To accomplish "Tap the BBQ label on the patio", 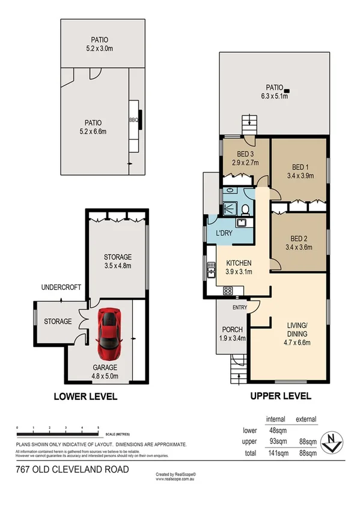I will [x=133, y=120].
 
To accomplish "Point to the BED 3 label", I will [x=243, y=153].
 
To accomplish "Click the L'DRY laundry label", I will [x=224, y=233].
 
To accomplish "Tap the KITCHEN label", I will [x=239, y=263].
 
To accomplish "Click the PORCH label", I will [x=232, y=329].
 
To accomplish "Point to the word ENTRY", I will [x=240, y=308].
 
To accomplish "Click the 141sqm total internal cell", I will [x=275, y=452].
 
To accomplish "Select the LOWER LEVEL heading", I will [x=85, y=396].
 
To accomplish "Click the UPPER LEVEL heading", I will [x=280, y=396].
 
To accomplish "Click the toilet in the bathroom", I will [x=246, y=209].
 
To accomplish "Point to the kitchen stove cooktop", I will [x=228, y=290].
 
